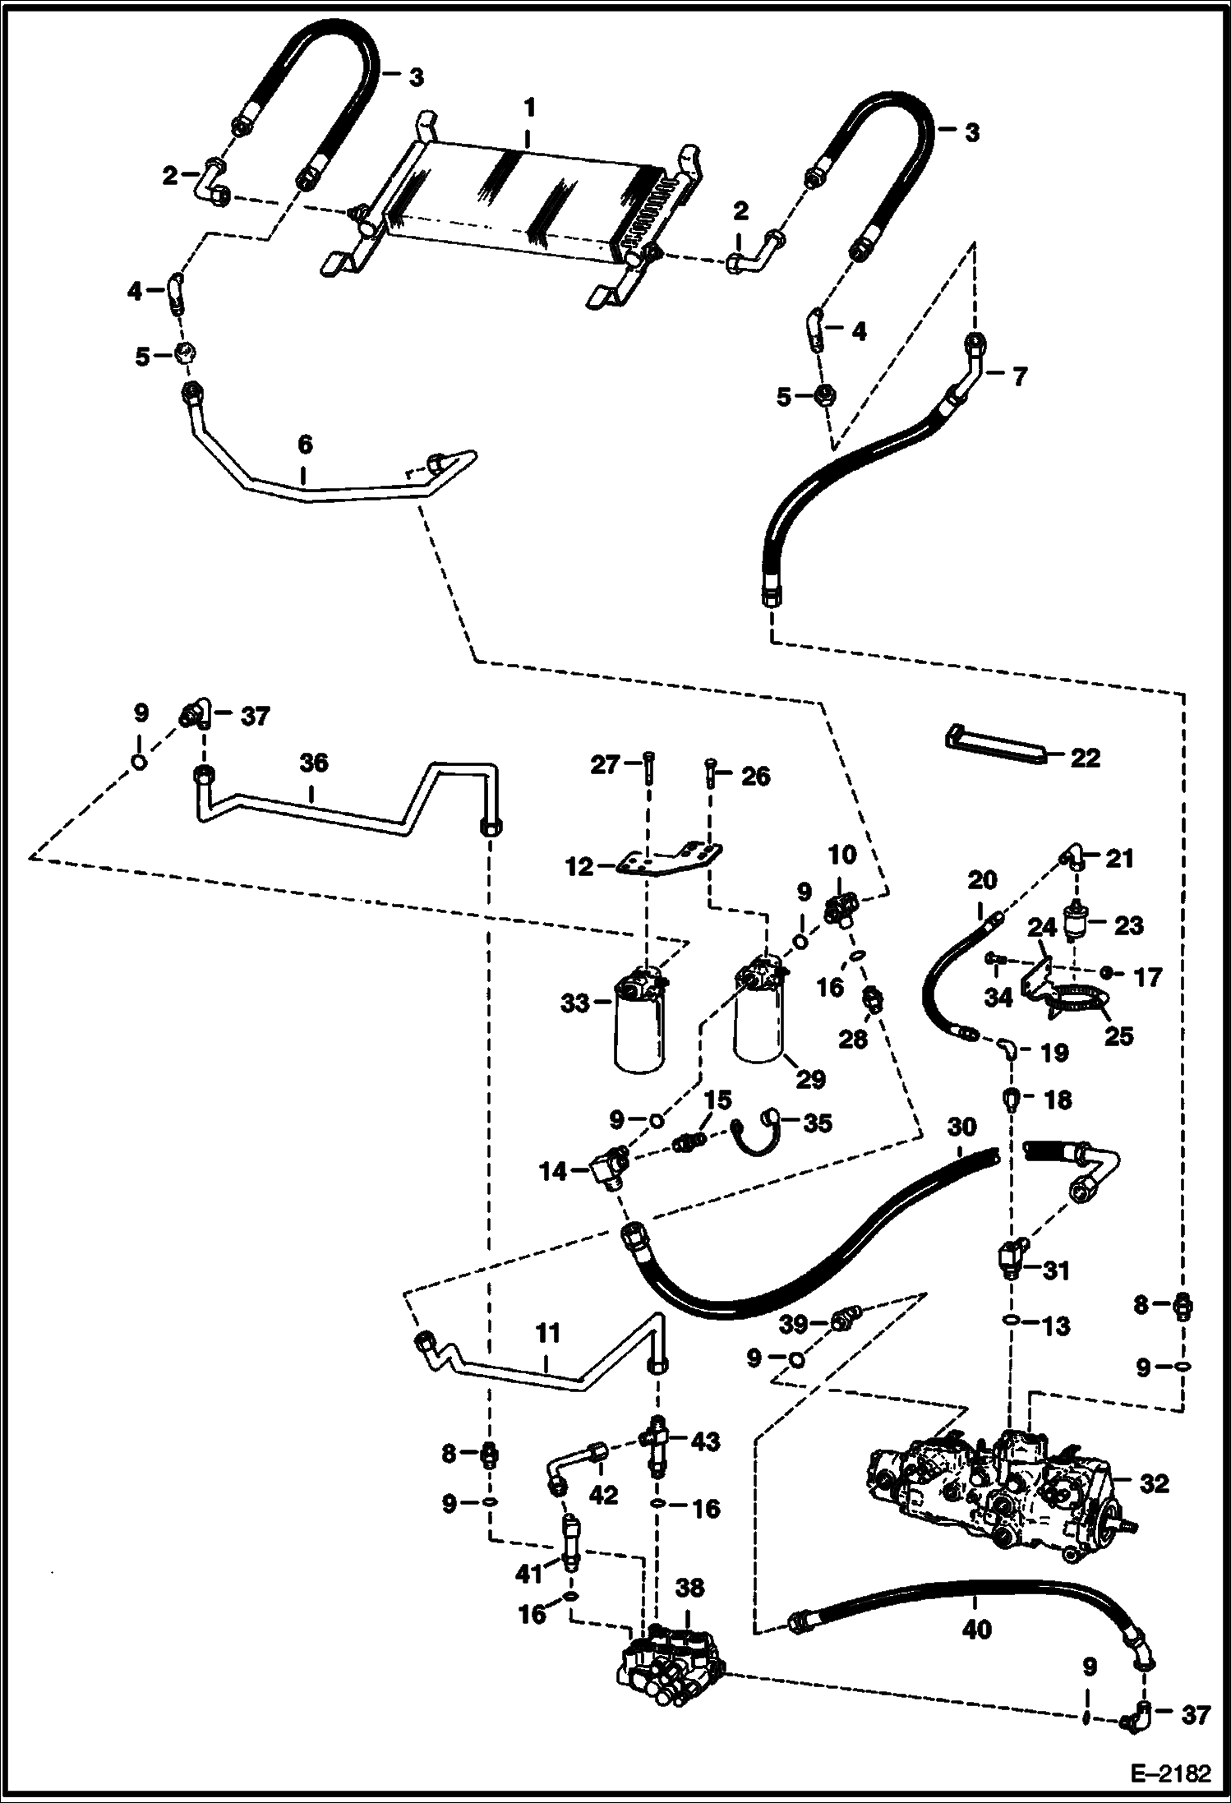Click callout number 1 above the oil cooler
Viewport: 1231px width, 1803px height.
[529, 108]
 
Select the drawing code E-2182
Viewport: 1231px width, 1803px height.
[1172, 1773]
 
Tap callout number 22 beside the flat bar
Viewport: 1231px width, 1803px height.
[1086, 757]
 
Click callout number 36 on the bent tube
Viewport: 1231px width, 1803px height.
[314, 763]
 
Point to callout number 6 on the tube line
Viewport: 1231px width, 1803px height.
[305, 445]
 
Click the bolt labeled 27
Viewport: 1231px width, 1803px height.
[648, 770]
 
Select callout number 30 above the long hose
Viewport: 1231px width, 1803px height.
[961, 1126]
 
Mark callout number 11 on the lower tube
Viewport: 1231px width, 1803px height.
[547, 1332]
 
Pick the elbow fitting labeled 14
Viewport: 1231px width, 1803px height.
[608, 1166]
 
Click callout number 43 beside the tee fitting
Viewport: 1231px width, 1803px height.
[706, 1441]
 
